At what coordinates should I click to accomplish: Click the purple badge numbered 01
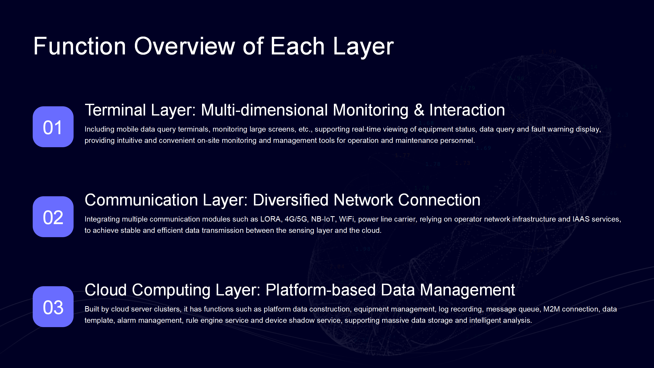[x=53, y=127]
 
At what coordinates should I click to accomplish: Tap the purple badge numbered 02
[x=53, y=217]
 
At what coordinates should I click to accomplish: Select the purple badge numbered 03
[x=53, y=307]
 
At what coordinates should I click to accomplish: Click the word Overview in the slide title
[x=184, y=46]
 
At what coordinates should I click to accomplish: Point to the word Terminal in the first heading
[x=115, y=110]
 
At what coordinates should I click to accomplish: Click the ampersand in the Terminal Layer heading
[x=419, y=110]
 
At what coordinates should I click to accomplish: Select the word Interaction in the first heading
[x=467, y=110]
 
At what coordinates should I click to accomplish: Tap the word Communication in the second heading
[x=141, y=200]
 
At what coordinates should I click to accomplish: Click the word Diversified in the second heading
[x=290, y=200]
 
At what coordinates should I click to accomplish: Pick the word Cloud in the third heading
[x=106, y=290]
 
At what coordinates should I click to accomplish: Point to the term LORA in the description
[x=271, y=219]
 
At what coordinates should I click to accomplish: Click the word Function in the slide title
[x=80, y=46]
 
